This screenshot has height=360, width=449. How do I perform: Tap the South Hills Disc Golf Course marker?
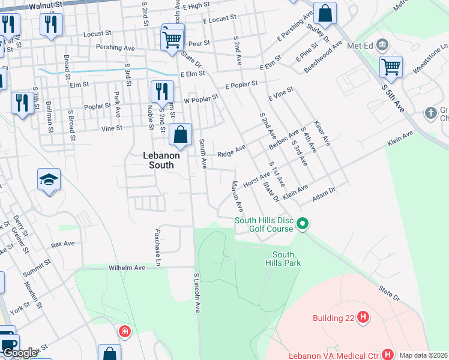click(303, 225)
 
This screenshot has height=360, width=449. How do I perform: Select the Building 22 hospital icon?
click(362, 317)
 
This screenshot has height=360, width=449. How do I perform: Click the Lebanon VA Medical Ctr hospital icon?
click(388, 355)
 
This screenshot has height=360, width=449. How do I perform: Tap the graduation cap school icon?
click(49, 179)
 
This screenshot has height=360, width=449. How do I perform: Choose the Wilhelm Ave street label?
click(127, 268)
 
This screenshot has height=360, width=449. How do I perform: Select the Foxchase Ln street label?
click(159, 247)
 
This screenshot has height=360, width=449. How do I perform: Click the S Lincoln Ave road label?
click(197, 293)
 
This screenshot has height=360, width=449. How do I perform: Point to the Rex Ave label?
click(62, 244)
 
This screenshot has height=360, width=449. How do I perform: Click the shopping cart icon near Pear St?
click(173, 40)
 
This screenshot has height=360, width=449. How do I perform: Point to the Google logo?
click(19, 353)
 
